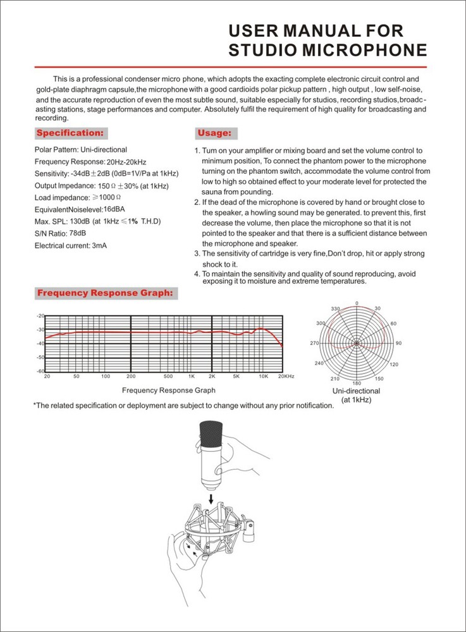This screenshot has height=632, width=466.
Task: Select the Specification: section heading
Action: point(70,133)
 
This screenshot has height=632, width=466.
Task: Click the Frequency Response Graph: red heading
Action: point(105,293)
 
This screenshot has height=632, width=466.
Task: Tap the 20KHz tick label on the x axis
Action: point(286,376)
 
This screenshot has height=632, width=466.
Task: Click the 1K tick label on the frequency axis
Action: point(191,376)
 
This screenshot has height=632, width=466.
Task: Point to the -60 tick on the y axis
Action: point(40,370)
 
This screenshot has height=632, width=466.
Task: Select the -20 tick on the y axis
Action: point(40,315)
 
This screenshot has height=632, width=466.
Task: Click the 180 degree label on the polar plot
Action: point(357,383)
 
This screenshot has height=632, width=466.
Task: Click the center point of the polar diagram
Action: point(357,343)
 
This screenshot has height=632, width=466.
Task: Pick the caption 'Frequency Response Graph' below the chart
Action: point(168,391)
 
